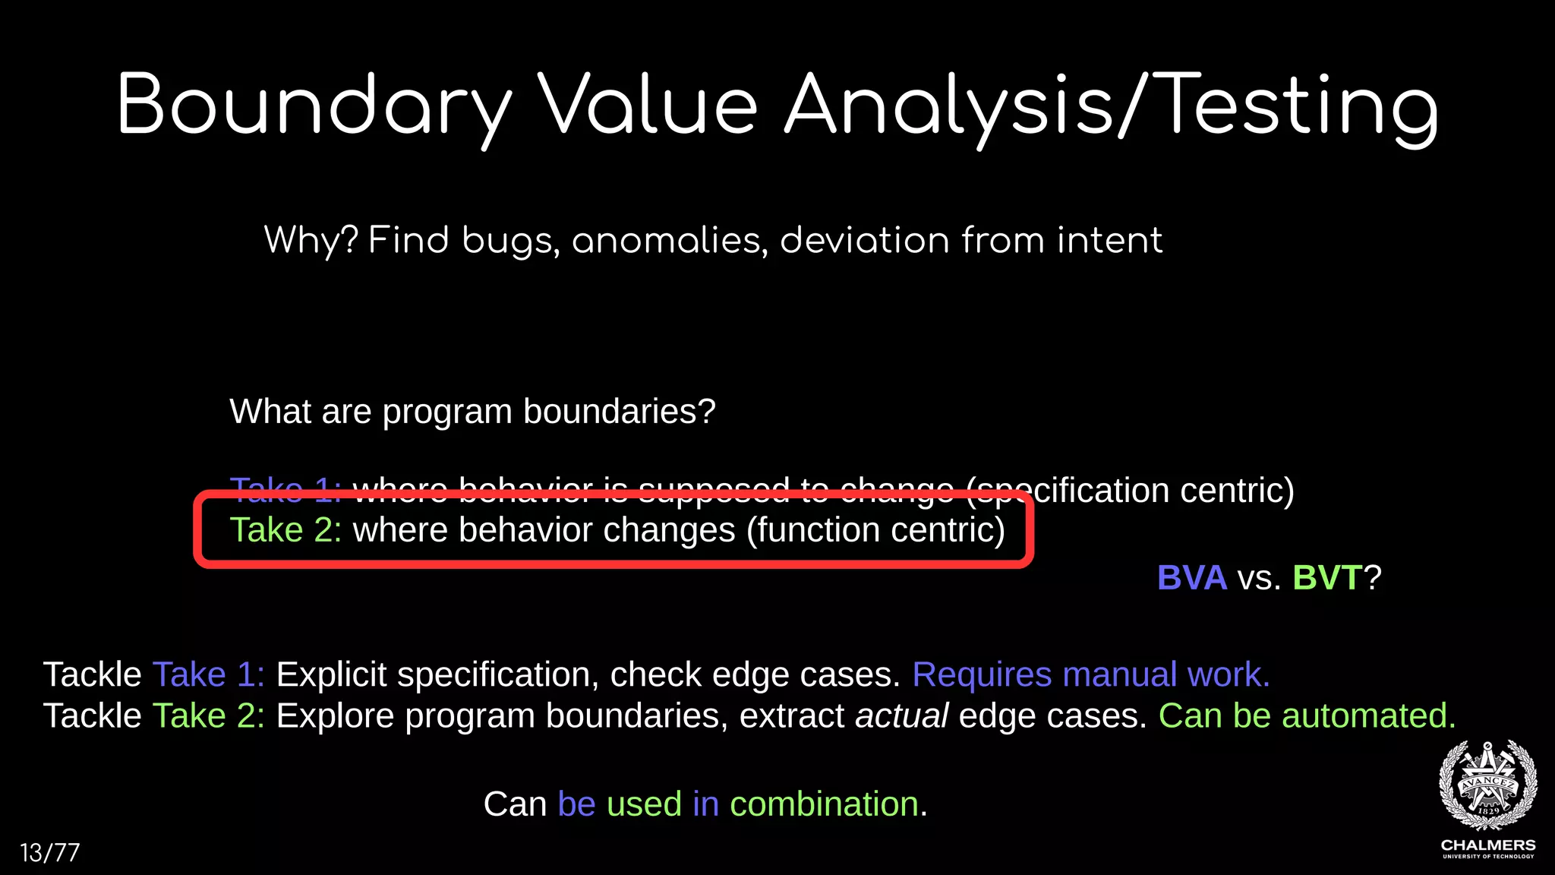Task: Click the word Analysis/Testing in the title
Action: click(1110, 106)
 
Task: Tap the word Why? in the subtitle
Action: click(311, 241)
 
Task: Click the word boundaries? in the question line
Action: click(619, 412)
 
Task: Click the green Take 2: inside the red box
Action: click(285, 530)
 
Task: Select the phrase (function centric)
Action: click(875, 530)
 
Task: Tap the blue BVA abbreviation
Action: click(1191, 578)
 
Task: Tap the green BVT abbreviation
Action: click(1326, 578)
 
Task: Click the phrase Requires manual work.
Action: click(1090, 674)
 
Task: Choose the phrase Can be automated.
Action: click(1307, 715)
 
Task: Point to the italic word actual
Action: click(901, 715)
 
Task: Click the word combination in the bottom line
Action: click(824, 804)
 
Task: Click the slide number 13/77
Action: click(49, 852)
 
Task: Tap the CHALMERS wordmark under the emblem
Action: click(1487, 845)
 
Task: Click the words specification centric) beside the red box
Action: click(1162, 491)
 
